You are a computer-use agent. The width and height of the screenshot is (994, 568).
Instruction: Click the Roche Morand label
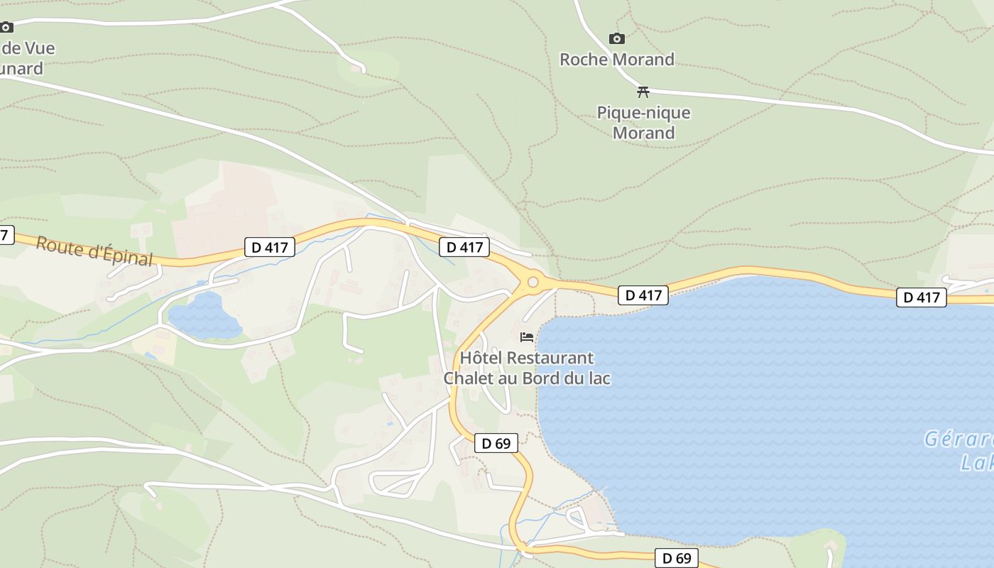click(x=616, y=60)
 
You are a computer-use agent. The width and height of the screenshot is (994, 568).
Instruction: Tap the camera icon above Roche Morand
click(x=617, y=39)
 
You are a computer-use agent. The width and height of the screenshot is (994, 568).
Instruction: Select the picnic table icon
click(x=643, y=92)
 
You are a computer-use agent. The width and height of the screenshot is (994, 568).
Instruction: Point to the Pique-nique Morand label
click(x=643, y=123)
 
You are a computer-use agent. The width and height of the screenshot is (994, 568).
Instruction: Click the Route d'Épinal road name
click(x=94, y=251)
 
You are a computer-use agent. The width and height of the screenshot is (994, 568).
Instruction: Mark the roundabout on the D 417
click(x=532, y=283)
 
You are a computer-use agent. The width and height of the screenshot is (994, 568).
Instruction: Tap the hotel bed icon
click(x=527, y=337)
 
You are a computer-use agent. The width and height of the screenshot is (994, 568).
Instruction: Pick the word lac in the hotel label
click(x=597, y=378)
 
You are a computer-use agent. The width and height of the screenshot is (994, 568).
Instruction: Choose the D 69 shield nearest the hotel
click(x=496, y=443)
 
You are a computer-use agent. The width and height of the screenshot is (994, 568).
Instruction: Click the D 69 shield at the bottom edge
click(x=677, y=558)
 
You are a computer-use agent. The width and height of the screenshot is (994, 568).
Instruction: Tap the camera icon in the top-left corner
click(x=6, y=28)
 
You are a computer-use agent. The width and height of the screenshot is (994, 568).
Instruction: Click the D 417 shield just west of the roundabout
click(x=464, y=247)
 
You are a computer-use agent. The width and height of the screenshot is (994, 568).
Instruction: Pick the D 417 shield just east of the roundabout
click(x=643, y=295)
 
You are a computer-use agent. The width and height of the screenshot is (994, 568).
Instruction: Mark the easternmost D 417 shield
click(x=922, y=297)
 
